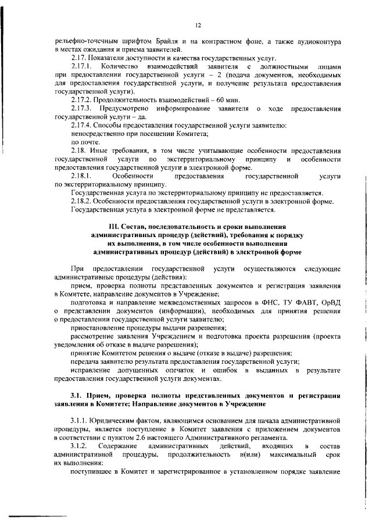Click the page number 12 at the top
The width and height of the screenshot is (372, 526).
tap(198, 26)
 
